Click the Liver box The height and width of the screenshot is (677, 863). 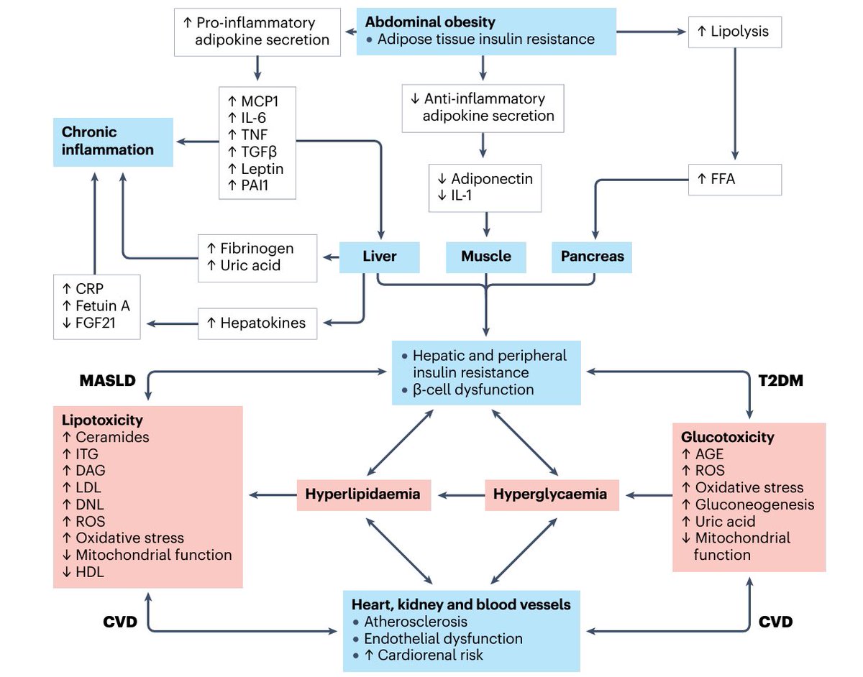coord(379,257)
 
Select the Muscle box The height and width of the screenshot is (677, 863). coord(485,257)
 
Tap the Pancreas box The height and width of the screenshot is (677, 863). coord(592,257)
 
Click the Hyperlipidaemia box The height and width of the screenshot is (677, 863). coord(364,495)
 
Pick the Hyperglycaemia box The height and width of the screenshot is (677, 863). coord(552,495)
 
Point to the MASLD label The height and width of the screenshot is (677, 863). coord(108,381)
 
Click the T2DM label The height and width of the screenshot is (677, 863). coord(781,381)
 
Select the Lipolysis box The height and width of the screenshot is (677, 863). coord(735,32)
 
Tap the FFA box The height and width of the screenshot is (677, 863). coord(735,180)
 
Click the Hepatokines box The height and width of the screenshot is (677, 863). coord(257,323)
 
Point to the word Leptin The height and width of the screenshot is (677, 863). coord(262,169)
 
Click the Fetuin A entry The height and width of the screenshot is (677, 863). coord(102,306)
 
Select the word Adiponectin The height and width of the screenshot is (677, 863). coord(492,179)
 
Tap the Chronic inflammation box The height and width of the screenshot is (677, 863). coord(113,142)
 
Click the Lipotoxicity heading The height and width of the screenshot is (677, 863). coord(102,420)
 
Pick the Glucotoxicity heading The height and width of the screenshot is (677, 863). coord(728,437)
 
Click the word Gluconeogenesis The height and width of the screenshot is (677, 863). coord(754,505)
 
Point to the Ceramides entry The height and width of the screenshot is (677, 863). coord(112,437)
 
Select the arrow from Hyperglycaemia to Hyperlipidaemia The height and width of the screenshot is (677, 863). coord(461,495)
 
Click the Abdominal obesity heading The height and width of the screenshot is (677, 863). coord(430,22)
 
